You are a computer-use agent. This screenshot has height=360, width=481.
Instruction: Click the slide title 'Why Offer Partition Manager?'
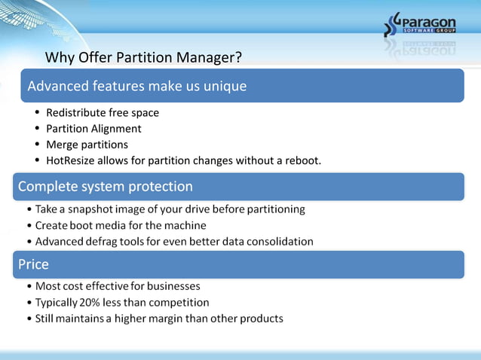[x=143, y=58]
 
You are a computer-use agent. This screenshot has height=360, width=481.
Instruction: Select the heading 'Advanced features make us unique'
[x=137, y=86]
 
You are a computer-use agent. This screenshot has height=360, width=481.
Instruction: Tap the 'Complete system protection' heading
[x=106, y=186]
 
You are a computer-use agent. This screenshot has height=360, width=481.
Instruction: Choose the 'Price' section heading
[x=33, y=264]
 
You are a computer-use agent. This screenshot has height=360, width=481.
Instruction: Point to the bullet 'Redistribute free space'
[x=103, y=113]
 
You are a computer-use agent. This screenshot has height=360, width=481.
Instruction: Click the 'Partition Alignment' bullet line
[x=93, y=129]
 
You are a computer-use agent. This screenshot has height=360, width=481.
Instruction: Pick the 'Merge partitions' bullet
[x=87, y=145]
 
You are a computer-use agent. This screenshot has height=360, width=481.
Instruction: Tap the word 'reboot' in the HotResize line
[x=302, y=160]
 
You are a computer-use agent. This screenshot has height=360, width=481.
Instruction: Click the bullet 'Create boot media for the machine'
[x=121, y=225]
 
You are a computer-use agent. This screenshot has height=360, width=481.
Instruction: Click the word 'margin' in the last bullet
[x=174, y=319]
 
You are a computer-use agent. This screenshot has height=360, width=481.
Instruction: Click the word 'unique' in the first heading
[x=224, y=86]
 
